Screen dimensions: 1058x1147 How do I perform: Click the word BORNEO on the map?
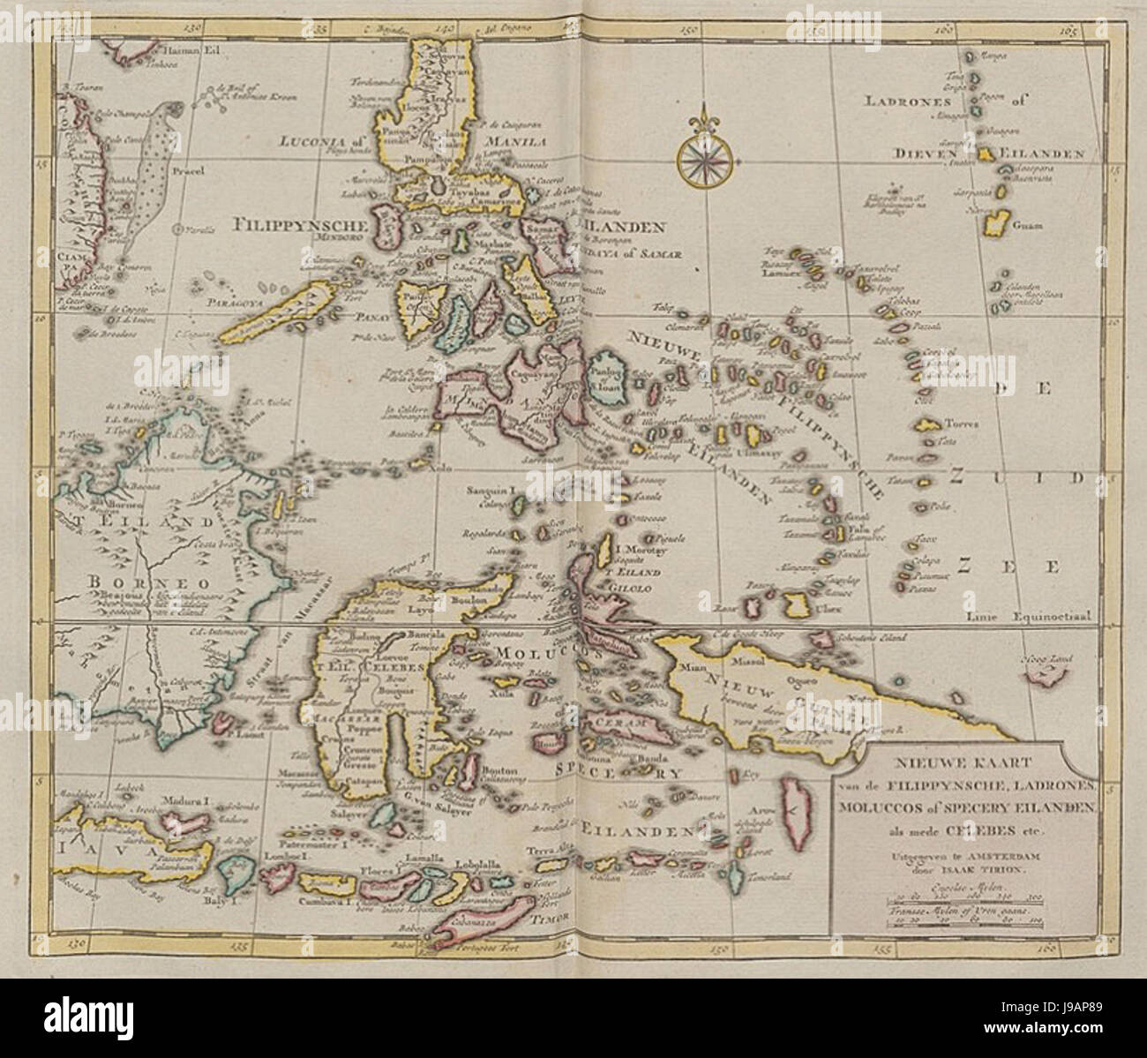[144, 583]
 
